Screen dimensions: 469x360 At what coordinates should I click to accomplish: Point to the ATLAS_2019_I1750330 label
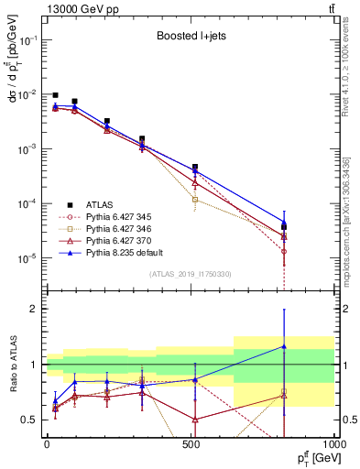coord(189,274)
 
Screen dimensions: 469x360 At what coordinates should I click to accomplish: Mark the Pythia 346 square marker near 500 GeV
coord(194,199)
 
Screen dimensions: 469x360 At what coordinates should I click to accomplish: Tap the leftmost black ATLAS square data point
coord(56,95)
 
